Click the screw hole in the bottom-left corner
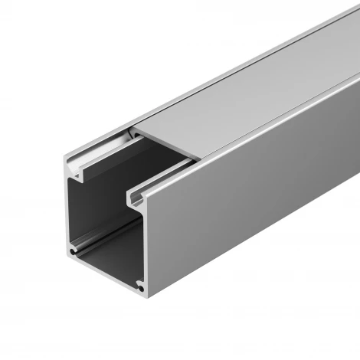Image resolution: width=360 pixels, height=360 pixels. coord(74,251)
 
